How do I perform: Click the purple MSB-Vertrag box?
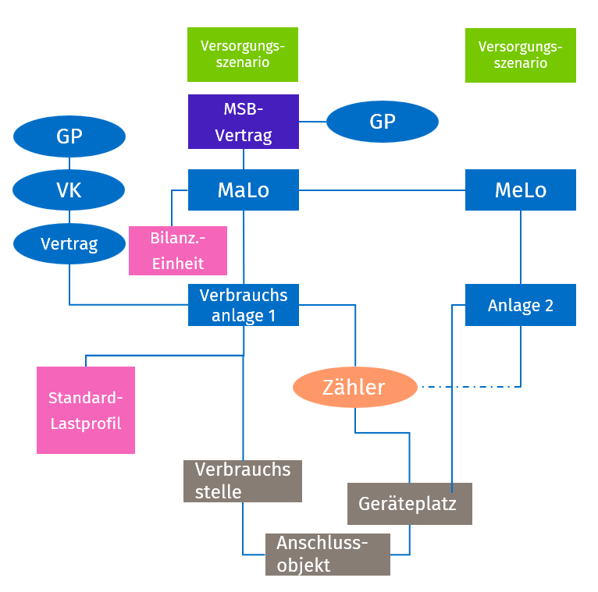[243, 121]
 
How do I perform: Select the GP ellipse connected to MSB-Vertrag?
[382, 122]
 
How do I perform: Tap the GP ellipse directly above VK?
[69, 137]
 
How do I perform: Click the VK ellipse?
[69, 190]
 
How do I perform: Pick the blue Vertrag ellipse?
[69, 243]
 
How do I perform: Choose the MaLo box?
[243, 190]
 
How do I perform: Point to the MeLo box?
[520, 190]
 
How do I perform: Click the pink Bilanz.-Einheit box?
[177, 250]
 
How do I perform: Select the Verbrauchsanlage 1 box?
[243, 304]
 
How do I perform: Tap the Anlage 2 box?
[520, 304]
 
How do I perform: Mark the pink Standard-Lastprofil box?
[86, 409]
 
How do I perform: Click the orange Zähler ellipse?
[354, 387]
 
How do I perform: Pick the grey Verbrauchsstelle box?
[242, 480]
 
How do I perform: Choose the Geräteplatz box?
[409, 503]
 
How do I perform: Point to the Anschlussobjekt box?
[327, 555]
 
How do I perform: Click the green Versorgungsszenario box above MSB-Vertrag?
[243, 55]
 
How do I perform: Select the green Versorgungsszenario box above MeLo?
[520, 55]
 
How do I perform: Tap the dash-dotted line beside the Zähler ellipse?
[468, 386]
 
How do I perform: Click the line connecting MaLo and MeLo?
[382, 190]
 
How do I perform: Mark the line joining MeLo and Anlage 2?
[521, 246]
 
